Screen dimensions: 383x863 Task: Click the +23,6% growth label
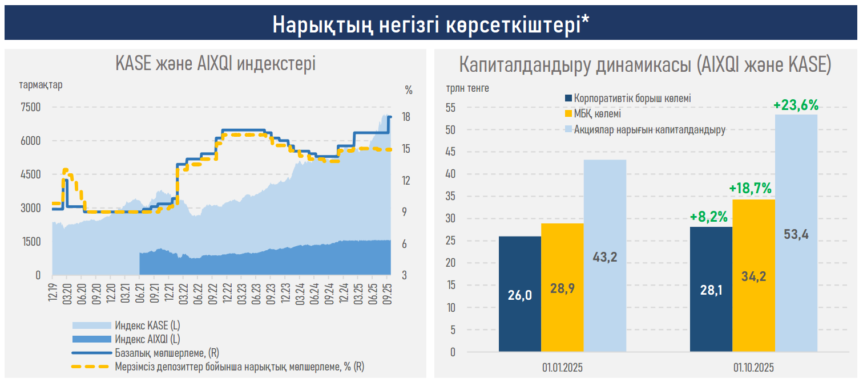pos(796,105)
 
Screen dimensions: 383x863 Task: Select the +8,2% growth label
pos(708,217)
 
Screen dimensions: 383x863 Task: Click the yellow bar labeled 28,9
pos(562,287)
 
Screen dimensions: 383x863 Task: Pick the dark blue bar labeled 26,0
pos(519,294)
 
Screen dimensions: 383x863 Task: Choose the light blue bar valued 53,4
pos(796,233)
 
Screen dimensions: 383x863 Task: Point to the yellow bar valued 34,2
pos(753,276)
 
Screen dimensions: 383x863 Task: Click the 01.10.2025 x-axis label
pos(753,366)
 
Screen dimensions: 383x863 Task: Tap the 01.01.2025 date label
pos(563,366)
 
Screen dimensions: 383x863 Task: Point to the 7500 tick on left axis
pos(31,107)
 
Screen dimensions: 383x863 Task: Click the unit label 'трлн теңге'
pos(467,88)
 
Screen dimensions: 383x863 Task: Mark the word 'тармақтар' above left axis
pos(41,85)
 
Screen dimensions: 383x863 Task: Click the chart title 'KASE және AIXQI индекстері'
pos(215,63)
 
